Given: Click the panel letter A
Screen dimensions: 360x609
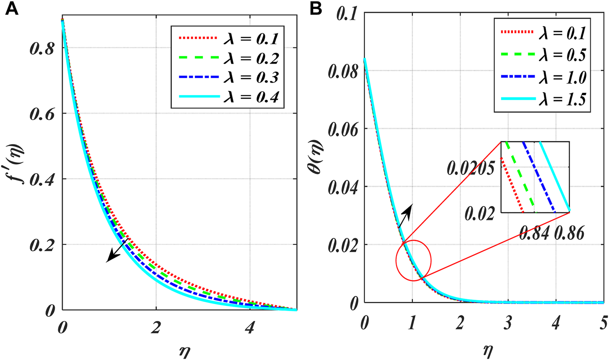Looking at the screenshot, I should click(12, 9).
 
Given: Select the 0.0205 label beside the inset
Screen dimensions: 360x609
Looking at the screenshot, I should click(473, 169).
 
